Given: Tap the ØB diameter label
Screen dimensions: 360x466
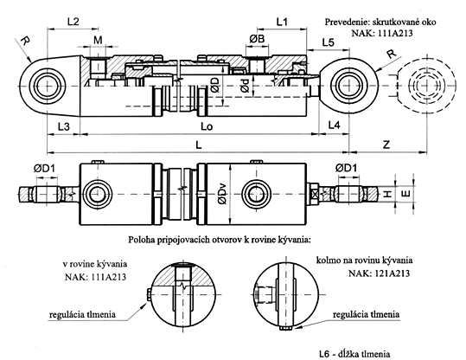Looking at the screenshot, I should pos(258,40).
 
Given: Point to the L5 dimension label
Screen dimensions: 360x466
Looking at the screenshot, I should pos(327,42).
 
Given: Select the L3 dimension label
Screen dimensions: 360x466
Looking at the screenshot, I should pos(57,127).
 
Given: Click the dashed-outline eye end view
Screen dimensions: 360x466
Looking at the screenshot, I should pos(424,87).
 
